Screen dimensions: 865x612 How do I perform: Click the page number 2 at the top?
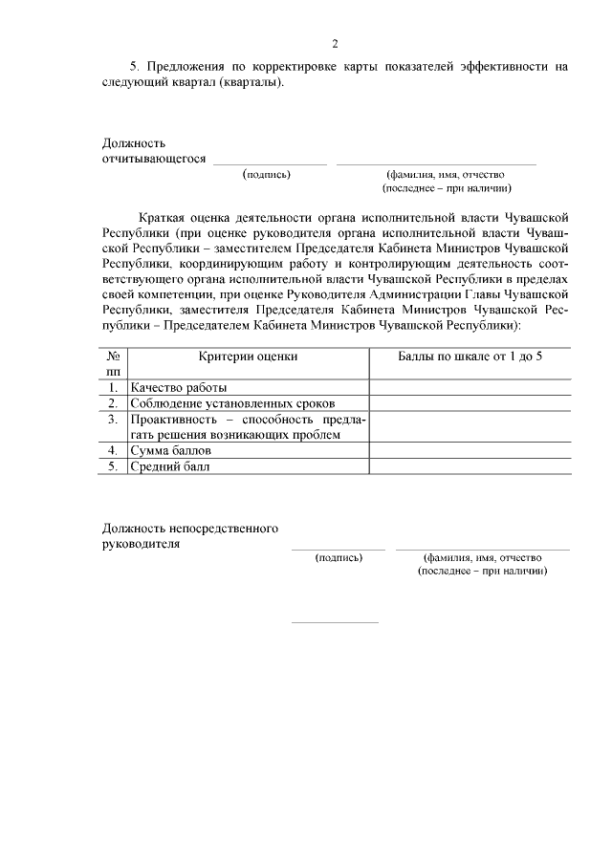click(335, 43)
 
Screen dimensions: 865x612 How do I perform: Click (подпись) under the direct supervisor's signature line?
click(339, 557)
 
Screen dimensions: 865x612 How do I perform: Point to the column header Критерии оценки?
click(248, 356)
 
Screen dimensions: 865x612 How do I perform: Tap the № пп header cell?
click(114, 363)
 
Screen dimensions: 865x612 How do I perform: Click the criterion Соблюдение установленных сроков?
click(234, 403)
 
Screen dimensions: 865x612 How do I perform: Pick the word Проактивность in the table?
click(172, 419)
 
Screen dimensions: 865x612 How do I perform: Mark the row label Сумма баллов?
click(172, 450)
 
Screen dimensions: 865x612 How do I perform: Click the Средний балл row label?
click(170, 466)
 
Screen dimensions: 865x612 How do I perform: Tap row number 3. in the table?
click(113, 419)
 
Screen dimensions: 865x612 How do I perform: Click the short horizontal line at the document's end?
click(335, 622)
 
